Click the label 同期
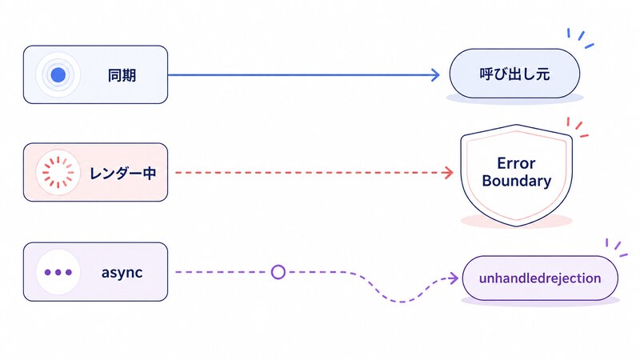pyautogui.click(x=122, y=75)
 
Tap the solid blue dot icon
pyautogui.click(x=58, y=74)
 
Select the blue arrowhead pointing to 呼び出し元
pyautogui.click(x=435, y=74)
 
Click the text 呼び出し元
pyautogui.click(x=514, y=74)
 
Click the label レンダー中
pyautogui.click(x=123, y=173)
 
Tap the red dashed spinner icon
pyautogui.click(x=58, y=172)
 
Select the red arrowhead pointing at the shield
pyautogui.click(x=449, y=173)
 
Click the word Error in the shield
pyautogui.click(x=516, y=163)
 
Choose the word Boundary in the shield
pyautogui.click(x=516, y=181)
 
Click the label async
pyautogui.click(x=122, y=273)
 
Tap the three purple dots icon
pyautogui.click(x=58, y=272)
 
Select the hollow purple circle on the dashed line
pyautogui.click(x=278, y=272)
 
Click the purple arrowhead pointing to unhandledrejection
pyautogui.click(x=454, y=278)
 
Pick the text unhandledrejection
pyautogui.click(x=540, y=278)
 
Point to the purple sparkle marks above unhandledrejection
pyautogui.click(x=616, y=248)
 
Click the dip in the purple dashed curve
pyautogui.click(x=402, y=302)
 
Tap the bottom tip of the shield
pyautogui.click(x=517, y=226)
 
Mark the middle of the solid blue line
pyautogui.click(x=304, y=74)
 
